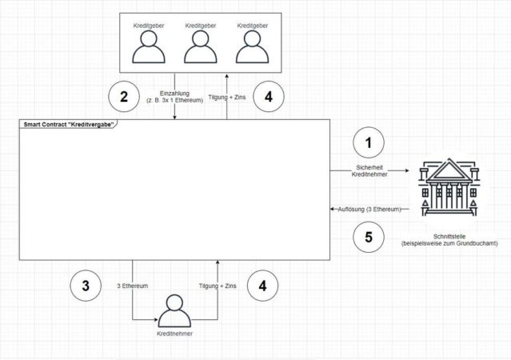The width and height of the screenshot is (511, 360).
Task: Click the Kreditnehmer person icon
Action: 174,310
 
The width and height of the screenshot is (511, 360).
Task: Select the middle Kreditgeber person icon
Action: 201,46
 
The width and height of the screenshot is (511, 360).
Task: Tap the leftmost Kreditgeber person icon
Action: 149,46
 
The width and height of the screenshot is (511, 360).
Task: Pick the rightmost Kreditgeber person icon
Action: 252,46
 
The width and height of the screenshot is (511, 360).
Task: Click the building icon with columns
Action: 449,187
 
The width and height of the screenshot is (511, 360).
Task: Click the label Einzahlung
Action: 174,94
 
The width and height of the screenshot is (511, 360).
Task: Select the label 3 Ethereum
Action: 133,286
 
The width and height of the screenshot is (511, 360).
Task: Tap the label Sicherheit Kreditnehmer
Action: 369,171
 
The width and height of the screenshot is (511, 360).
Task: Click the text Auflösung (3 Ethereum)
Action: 369,209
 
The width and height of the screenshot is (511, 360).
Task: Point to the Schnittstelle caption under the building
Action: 449,240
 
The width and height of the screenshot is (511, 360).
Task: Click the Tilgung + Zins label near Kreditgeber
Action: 227,97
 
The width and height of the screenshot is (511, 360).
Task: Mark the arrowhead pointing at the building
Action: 407,170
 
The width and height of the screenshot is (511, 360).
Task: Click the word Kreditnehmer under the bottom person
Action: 174,334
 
